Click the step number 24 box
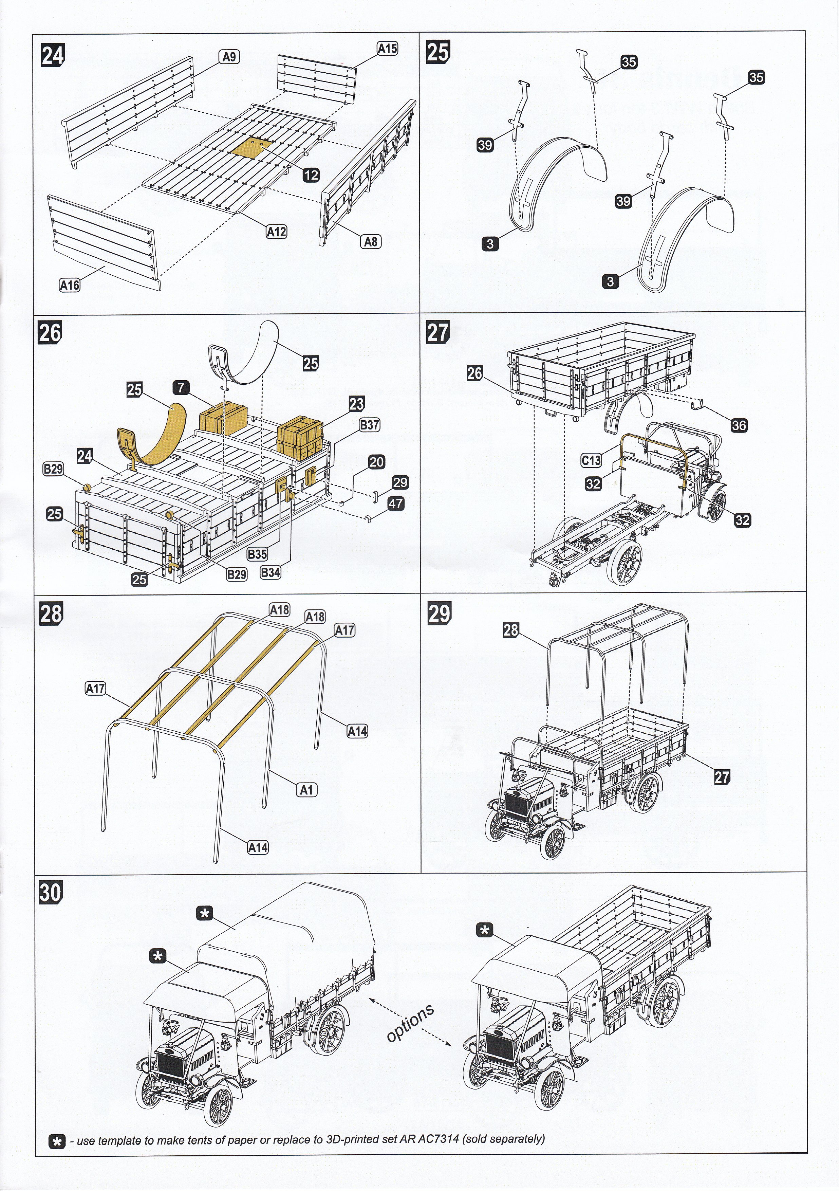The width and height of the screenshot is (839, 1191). [52, 55]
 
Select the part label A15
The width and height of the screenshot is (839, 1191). [387, 49]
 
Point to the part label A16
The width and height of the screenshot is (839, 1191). [70, 285]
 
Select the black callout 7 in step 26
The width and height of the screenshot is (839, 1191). [182, 387]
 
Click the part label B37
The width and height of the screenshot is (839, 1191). [369, 425]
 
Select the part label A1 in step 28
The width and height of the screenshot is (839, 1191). [306, 789]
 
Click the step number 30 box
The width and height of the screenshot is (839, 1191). [51, 892]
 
